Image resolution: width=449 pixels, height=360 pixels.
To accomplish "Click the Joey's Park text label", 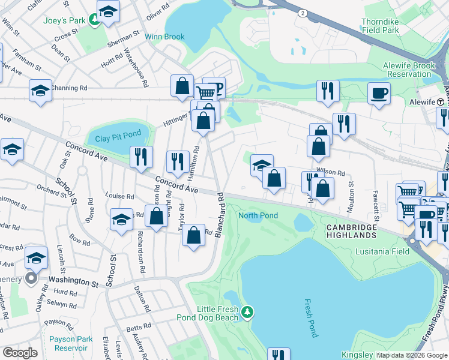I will coord(65,20).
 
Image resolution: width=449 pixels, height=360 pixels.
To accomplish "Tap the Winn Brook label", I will coord(164,37).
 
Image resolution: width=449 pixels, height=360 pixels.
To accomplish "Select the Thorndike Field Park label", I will coord(388,25).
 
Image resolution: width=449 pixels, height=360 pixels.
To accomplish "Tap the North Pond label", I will coord(258,215).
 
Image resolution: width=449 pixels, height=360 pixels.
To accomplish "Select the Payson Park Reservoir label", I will coord(71,343).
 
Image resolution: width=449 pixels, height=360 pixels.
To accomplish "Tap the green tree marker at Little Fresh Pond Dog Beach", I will coord(247,311).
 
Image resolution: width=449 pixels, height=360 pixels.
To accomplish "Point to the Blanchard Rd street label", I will coord(220,214).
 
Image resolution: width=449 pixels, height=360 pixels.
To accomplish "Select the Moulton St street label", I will coord(350,199).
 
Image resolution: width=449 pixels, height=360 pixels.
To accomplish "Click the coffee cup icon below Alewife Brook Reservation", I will coord(379,94).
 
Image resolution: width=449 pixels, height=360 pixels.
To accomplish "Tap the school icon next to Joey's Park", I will coord(108,11).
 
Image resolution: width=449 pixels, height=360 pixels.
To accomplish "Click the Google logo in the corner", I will coord(20,352).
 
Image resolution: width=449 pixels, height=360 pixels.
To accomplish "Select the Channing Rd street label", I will coord(69,88).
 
